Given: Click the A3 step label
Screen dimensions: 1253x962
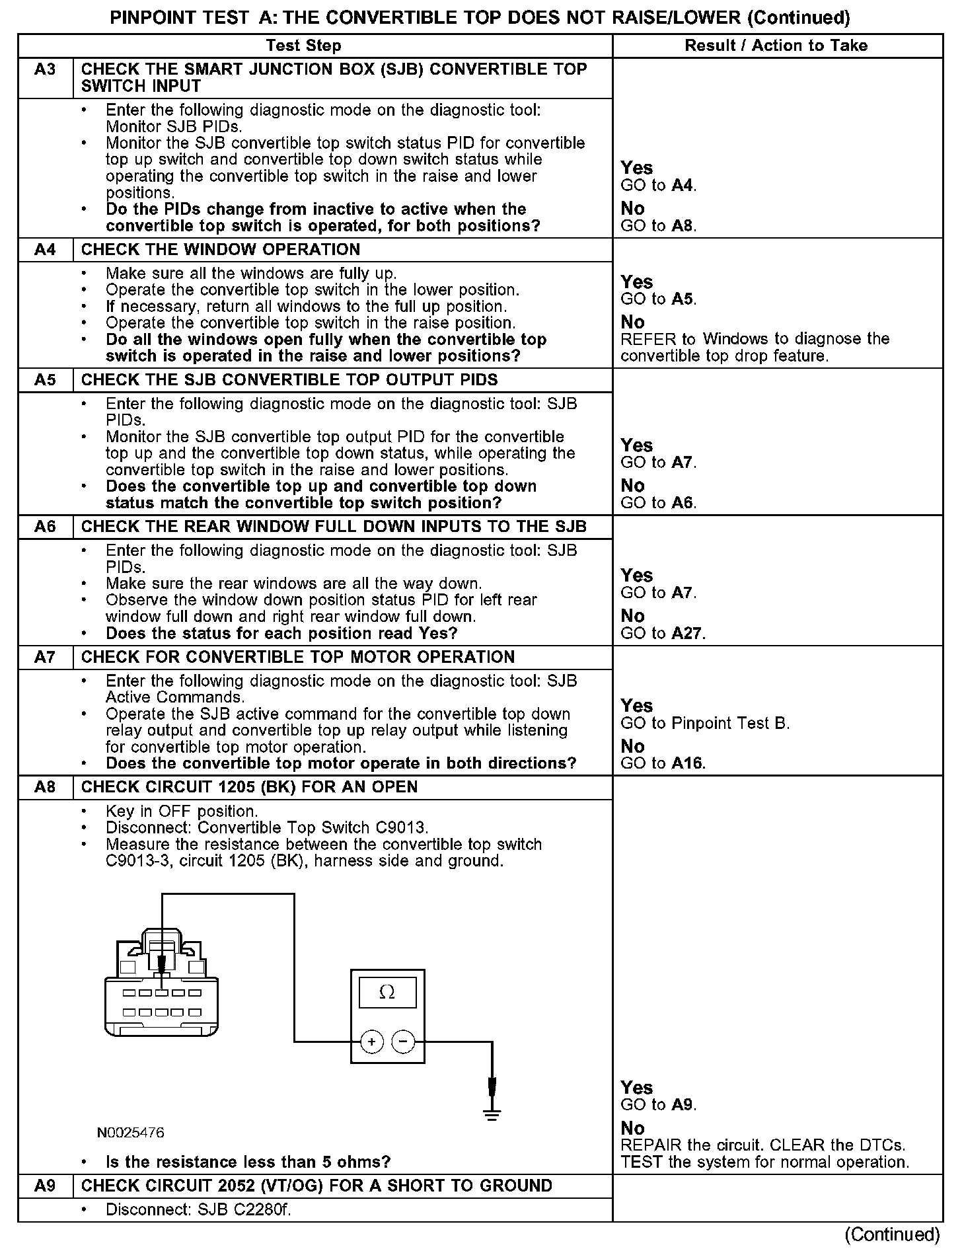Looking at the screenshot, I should click(x=45, y=69).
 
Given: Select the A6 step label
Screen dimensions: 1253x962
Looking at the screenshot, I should click(x=45, y=527).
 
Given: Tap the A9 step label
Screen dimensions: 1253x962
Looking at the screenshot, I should click(x=45, y=1186).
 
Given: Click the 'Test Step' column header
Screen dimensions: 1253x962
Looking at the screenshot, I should click(x=303, y=46).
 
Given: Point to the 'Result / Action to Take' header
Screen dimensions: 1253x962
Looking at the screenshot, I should click(x=776, y=46).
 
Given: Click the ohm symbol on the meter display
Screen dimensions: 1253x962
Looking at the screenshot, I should click(x=387, y=993).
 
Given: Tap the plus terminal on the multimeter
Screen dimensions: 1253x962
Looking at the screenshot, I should click(x=372, y=1042).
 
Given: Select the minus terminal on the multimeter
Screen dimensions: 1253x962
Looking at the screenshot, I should click(x=403, y=1042).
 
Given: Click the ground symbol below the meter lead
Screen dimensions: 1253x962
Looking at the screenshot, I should click(x=492, y=1115).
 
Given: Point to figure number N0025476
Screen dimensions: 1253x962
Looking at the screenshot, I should click(x=131, y=1133).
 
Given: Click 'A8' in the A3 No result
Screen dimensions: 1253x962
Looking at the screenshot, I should click(x=683, y=226).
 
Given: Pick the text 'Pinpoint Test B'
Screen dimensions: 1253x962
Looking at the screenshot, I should click(x=729, y=723).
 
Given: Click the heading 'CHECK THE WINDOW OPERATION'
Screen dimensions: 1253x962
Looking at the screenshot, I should click(x=221, y=250).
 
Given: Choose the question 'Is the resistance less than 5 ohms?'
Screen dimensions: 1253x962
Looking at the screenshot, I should click(x=248, y=1162).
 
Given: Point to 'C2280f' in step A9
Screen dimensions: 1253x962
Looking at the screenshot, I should click(x=264, y=1209).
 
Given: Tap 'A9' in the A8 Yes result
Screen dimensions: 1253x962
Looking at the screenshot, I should click(x=683, y=1105).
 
